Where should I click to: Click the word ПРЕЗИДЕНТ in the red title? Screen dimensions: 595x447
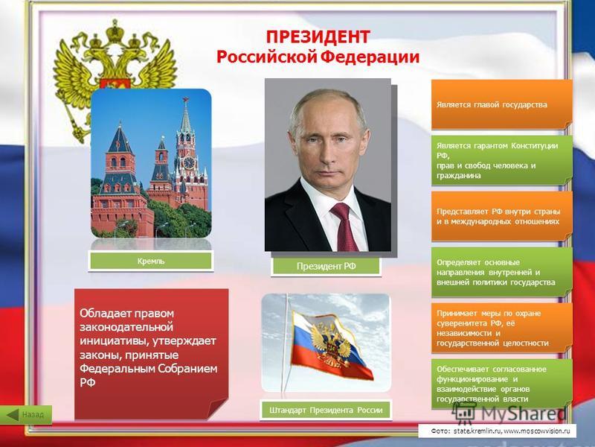coord(318,37)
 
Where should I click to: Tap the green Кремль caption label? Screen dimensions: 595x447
coord(151,261)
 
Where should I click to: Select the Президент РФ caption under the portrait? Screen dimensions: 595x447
coord(327,266)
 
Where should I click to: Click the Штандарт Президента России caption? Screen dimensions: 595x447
coord(326,410)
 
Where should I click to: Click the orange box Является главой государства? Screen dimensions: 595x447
coord(501,104)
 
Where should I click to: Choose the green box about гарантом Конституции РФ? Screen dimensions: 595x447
coord(501,160)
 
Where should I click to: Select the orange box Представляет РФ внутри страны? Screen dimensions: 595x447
coord(501,216)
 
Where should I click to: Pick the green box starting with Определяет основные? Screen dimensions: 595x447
coord(501,272)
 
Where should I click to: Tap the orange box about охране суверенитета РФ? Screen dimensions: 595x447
coord(501,328)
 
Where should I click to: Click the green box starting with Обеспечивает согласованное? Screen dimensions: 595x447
coord(501,384)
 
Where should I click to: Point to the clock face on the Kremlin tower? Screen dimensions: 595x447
coord(189,162)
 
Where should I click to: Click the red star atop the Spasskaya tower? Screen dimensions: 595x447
coord(185,101)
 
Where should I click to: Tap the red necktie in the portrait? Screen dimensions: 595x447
coord(344,226)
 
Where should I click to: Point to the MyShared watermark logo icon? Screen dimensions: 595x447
coord(464,412)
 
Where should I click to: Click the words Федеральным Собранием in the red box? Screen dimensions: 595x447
coord(148,369)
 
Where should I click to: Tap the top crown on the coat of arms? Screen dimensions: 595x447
coord(115,31)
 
